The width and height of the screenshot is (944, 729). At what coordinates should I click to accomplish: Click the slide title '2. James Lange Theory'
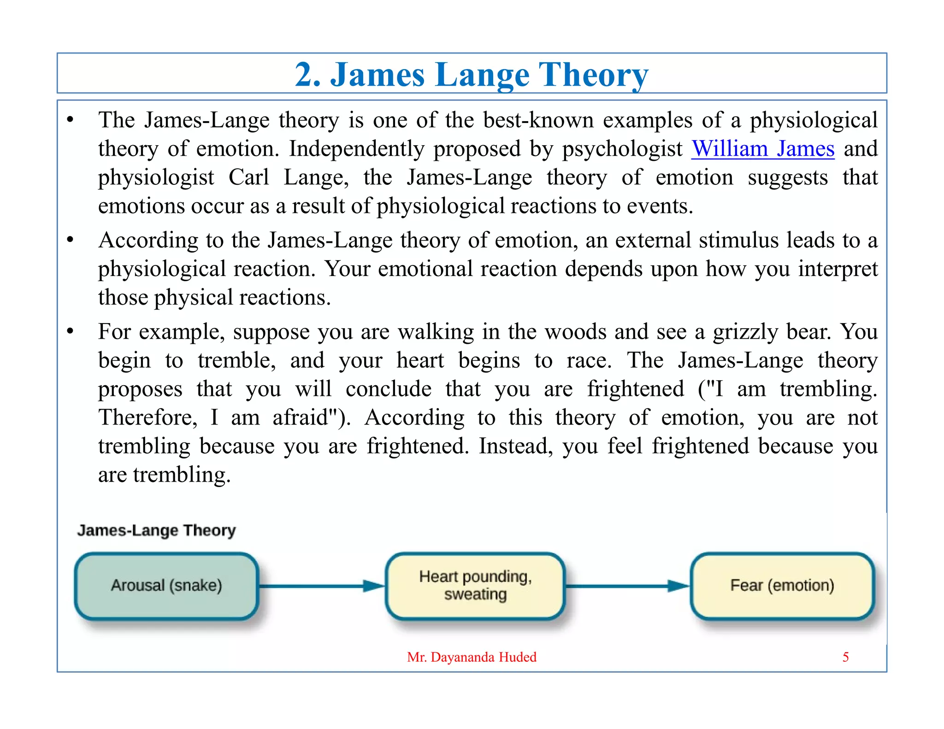click(x=472, y=75)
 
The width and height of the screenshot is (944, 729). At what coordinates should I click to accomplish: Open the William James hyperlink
click(x=763, y=149)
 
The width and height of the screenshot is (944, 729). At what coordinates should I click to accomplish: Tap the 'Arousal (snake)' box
click(x=166, y=586)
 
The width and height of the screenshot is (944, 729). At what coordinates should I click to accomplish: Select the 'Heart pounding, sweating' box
click(x=475, y=586)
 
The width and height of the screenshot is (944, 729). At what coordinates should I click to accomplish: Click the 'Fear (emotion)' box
click(x=782, y=586)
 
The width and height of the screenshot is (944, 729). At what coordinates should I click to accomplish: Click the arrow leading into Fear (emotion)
click(x=627, y=586)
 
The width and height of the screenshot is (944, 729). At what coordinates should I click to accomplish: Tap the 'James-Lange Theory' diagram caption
click(x=156, y=530)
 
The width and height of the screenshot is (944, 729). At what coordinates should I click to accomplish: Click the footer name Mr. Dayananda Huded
click(x=472, y=657)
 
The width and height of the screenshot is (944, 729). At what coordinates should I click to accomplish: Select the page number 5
click(x=845, y=657)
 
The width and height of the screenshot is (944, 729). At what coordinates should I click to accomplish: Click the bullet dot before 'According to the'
click(x=70, y=240)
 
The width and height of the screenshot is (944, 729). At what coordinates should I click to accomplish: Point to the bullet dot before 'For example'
click(x=70, y=331)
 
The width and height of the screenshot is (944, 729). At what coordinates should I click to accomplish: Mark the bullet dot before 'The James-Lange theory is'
click(x=70, y=120)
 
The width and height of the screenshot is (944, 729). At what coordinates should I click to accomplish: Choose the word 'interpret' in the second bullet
click(x=838, y=269)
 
